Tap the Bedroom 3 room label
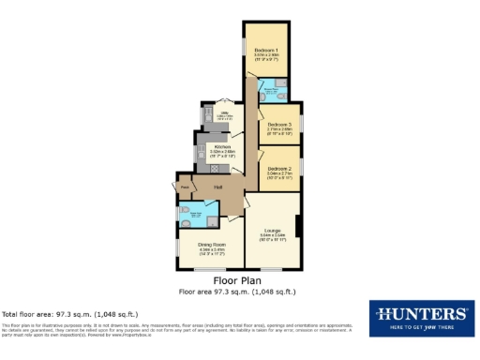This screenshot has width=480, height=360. [278, 124]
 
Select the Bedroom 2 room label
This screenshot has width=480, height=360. [278, 168]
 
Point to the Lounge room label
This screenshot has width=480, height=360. [273, 231]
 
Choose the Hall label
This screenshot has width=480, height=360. [217, 187]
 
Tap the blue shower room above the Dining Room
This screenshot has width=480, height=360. [196, 215]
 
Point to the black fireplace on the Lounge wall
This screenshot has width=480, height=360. [297, 226]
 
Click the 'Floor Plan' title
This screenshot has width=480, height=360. [239, 279]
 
